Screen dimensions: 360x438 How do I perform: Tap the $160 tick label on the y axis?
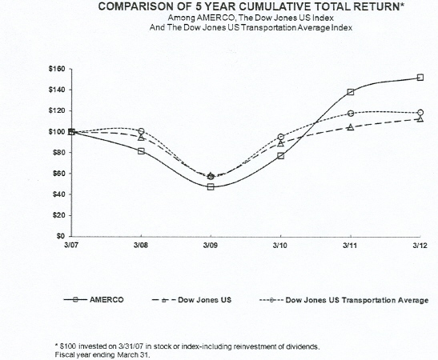[x=55, y=69]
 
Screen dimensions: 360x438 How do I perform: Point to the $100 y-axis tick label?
[x=55, y=132]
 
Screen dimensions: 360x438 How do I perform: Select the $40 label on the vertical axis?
[x=57, y=194]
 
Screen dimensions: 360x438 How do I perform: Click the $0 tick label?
[x=60, y=237]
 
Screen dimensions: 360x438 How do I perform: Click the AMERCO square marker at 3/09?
[x=211, y=187]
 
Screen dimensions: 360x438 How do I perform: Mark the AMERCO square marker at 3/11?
[x=351, y=92]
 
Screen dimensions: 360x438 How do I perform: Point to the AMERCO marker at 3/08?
[x=141, y=150]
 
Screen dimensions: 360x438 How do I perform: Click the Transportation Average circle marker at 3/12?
[x=420, y=113]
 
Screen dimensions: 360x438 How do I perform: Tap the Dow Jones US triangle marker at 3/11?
[x=351, y=127]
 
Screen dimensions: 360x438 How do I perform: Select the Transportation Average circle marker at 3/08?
[x=141, y=131]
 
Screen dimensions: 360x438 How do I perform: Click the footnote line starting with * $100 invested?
[x=186, y=346]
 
